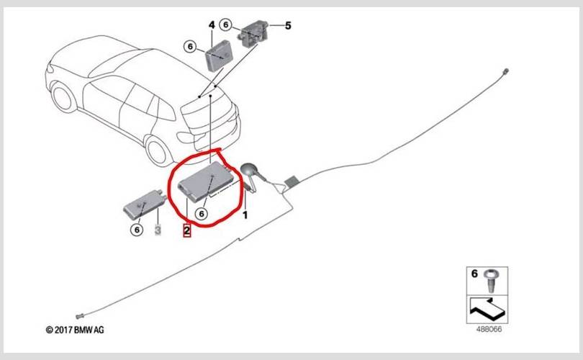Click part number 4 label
click(x=212, y=25)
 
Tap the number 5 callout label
click(x=288, y=26)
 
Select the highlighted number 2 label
click(x=186, y=230)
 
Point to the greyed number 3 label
click(x=158, y=230)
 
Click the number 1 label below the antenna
click(x=245, y=215)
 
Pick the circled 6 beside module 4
click(x=191, y=47)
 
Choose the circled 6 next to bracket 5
click(x=226, y=25)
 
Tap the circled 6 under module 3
click(x=136, y=230)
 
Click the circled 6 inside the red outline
click(x=202, y=213)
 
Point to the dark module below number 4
click(x=220, y=53)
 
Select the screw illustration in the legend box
click(x=492, y=279)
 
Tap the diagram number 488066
click(x=489, y=330)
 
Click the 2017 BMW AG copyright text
click(x=75, y=330)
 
